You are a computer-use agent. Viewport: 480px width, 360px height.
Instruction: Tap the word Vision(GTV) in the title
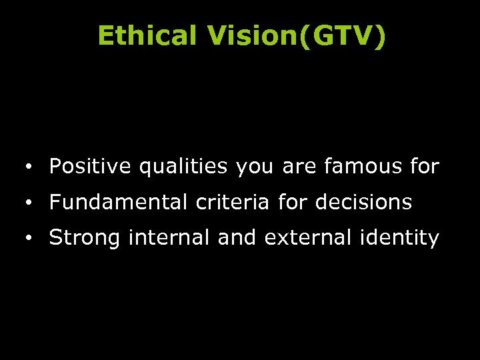pos(296,37)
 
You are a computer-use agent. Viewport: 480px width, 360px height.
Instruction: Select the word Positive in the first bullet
pos(91,166)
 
